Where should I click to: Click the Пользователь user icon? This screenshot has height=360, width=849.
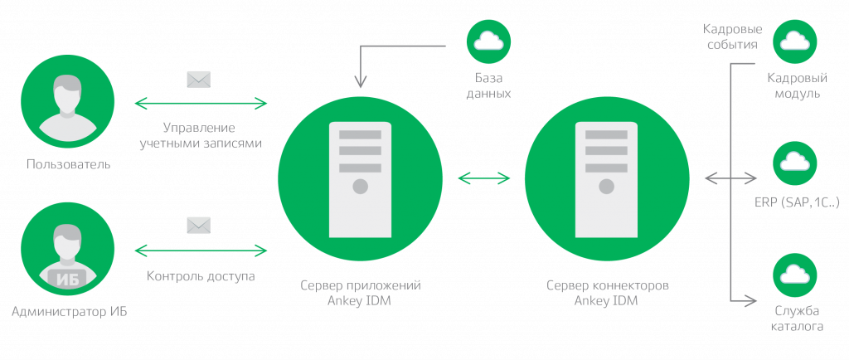tap(68, 103)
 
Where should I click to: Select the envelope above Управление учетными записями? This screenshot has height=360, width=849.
tap(199, 80)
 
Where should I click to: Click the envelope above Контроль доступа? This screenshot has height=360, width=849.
tap(199, 226)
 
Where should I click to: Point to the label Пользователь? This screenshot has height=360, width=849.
tap(68, 165)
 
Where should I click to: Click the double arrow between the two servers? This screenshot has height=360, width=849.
tap(483, 178)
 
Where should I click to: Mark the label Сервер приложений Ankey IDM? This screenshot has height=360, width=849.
tap(360, 293)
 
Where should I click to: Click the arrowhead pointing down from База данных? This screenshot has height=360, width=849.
tap(360, 82)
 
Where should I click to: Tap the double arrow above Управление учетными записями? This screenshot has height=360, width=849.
tap(201, 104)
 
